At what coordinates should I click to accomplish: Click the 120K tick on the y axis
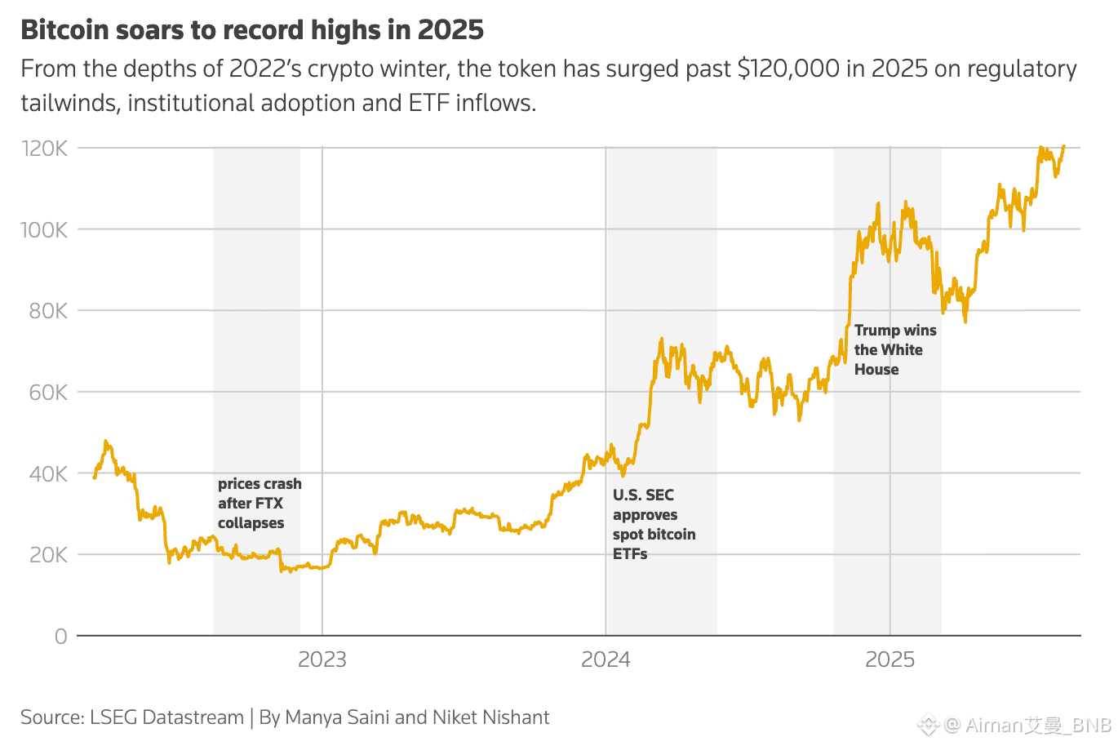(44, 149)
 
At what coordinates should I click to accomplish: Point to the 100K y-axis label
(44, 229)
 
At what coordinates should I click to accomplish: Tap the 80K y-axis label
(48, 311)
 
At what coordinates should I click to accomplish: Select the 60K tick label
(48, 393)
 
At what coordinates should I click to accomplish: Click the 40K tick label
(48, 473)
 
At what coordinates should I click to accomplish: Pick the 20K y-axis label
(48, 555)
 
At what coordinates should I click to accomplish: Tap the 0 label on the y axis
(61, 637)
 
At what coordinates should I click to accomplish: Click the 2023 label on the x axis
(322, 659)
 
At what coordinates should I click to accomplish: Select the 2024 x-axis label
(606, 659)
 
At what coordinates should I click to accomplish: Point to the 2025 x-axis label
(890, 659)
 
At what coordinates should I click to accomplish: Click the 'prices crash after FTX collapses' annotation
(259, 504)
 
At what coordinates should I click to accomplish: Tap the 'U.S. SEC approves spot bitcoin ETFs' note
(654, 524)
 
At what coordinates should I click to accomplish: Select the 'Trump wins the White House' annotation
(894, 350)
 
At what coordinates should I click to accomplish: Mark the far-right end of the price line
(1064, 146)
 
